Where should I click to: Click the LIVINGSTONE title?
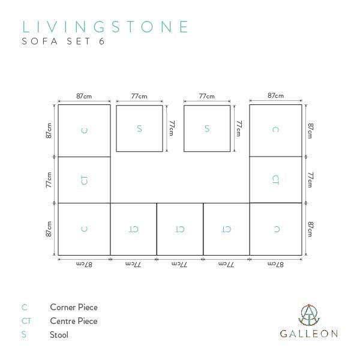coord(105,26)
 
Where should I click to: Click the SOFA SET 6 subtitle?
coord(63,41)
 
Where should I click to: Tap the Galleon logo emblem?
coord(309,315)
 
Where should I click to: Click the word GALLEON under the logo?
coord(309,334)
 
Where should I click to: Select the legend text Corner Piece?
coord(74,307)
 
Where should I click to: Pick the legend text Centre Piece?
coord(74,321)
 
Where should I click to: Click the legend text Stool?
coord(59,335)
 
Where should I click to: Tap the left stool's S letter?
coord(139,128)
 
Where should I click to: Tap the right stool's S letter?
coord(207,128)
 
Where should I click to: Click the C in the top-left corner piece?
coord(84,130)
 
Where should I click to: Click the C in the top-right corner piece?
coord(275,130)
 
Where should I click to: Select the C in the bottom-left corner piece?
coord(84,229)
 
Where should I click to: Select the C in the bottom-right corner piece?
coord(277,229)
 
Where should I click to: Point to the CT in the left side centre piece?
coord(84,180)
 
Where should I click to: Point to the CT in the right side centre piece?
coord(275,180)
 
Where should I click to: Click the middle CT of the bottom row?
coord(180,229)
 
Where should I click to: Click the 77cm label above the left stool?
coord(139,96)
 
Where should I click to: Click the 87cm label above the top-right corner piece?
coord(275,95)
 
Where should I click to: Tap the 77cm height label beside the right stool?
coord(239,128)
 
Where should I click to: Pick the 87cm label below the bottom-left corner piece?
coord(84,265)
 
